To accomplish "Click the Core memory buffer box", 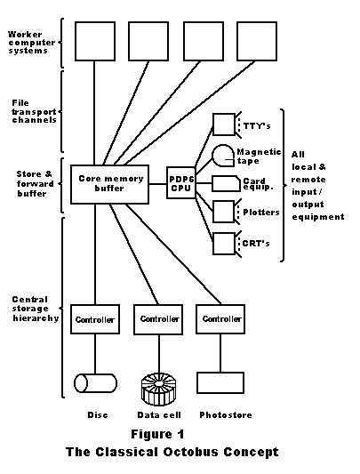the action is tap(109, 184).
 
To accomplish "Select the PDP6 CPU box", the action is tap(181, 182).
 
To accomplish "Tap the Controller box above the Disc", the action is tap(95, 319).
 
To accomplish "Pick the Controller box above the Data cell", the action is tap(158, 319).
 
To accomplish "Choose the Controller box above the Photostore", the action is tap(220, 319).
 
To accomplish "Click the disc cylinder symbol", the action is tap(95, 383).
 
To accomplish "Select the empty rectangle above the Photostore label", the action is tap(220, 382).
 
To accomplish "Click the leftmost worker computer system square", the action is tap(95, 42).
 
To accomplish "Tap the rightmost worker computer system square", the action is tap(257, 42).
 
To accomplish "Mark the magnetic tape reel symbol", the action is tap(223, 156).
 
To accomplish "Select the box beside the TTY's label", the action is tap(224, 125).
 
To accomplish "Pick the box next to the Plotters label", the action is tap(224, 212).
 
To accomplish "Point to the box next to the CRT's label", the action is tap(224, 244).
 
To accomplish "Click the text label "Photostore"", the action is tap(226, 415).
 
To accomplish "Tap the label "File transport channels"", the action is tap(34, 111).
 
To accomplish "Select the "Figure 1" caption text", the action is tap(157, 434).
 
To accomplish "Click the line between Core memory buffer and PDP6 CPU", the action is tap(158, 184).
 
